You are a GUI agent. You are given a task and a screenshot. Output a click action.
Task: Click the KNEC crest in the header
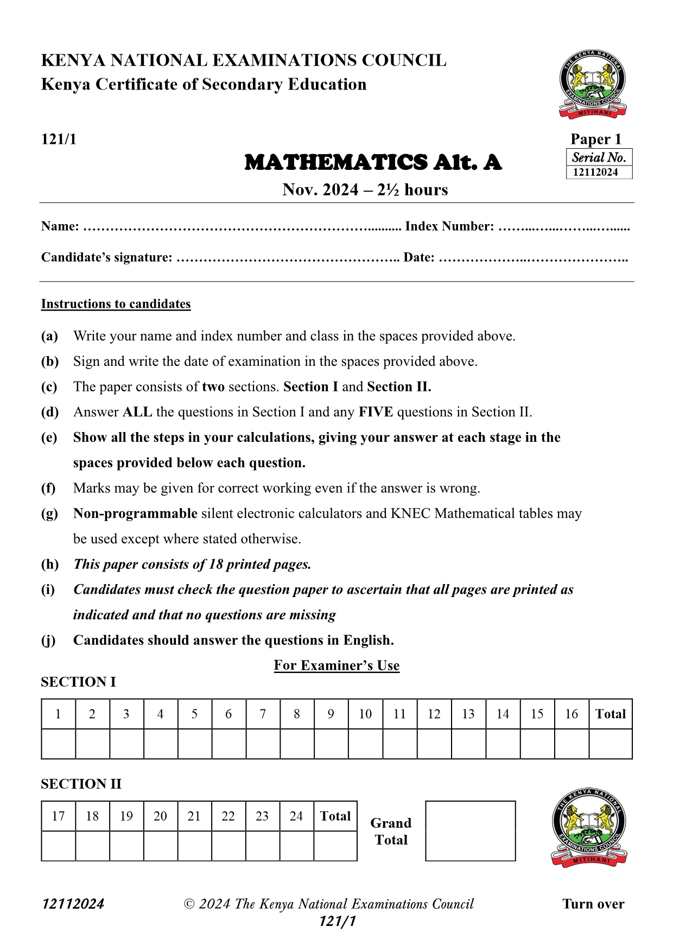(593, 84)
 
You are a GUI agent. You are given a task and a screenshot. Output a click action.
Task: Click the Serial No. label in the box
(599, 157)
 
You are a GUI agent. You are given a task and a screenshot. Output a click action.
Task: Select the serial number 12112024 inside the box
(595, 173)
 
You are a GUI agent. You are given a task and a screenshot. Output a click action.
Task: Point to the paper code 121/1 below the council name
(59, 139)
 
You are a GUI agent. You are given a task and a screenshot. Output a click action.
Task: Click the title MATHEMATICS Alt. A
(373, 162)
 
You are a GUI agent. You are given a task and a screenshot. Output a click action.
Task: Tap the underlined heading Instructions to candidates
(116, 304)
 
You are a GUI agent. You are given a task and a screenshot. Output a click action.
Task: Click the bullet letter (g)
(50, 513)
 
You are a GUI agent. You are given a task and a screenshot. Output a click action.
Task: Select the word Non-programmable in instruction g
(135, 513)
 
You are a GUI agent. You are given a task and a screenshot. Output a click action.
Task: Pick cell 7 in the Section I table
(263, 714)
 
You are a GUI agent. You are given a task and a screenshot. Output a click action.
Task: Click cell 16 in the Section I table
(572, 714)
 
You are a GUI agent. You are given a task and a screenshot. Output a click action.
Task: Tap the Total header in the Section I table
(611, 714)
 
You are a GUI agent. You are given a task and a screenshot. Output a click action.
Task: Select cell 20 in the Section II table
(160, 816)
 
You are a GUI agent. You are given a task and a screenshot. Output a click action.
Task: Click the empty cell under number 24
(296, 846)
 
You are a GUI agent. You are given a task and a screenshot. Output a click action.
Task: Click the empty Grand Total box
(470, 831)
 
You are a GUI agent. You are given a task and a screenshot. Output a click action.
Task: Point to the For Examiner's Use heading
(336, 665)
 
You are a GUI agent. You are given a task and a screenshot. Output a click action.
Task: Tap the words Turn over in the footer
(593, 904)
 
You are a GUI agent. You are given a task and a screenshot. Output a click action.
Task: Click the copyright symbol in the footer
(189, 904)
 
